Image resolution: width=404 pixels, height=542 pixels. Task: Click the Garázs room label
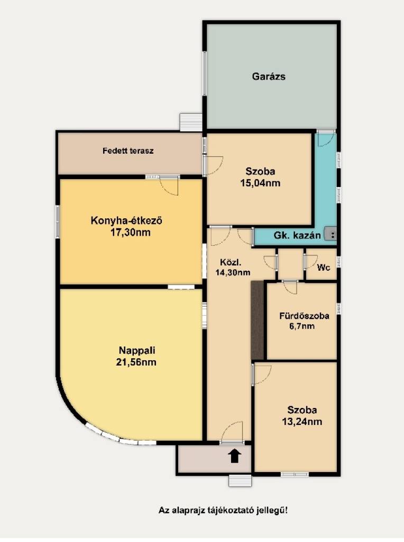click(x=269, y=76)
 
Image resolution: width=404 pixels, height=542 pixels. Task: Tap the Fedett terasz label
click(x=128, y=150)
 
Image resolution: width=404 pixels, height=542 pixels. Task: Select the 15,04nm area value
click(x=260, y=183)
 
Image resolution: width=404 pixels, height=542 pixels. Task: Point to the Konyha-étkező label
click(x=126, y=220)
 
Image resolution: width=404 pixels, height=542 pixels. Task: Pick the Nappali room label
click(x=137, y=351)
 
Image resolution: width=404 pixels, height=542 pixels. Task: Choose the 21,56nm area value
click(x=136, y=362)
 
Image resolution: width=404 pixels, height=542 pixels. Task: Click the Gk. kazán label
click(x=297, y=236)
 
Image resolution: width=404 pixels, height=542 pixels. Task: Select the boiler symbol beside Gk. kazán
click(x=330, y=234)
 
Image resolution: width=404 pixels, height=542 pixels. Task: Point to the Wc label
click(x=324, y=267)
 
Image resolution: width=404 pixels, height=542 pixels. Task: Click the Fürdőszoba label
click(x=304, y=316)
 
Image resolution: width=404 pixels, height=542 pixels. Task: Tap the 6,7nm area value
click(x=301, y=326)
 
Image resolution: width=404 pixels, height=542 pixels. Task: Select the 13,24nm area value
click(x=302, y=422)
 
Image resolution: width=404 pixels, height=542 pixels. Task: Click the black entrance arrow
click(x=235, y=456)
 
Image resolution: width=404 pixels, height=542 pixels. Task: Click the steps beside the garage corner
click(x=191, y=122)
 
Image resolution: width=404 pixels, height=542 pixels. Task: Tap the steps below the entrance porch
click(x=240, y=481)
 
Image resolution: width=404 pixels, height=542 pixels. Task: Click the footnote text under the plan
click(x=223, y=510)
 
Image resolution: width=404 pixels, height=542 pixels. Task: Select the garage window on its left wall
click(x=204, y=74)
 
